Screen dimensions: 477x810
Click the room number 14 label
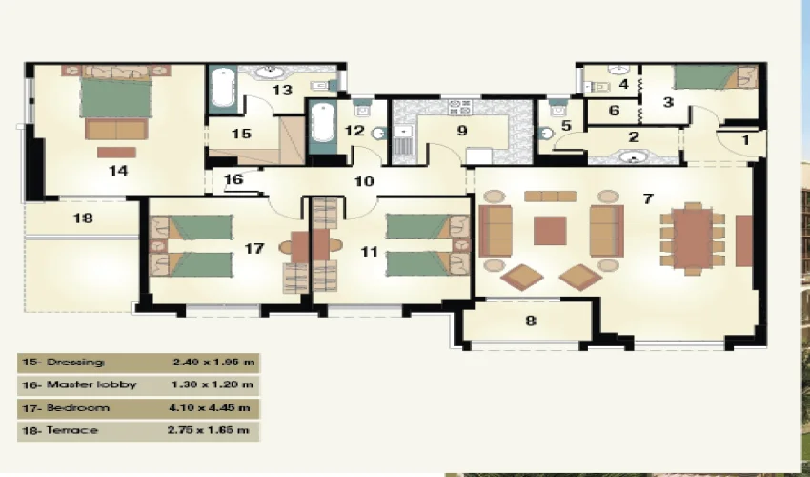click(118, 171)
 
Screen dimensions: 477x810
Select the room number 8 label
click(531, 321)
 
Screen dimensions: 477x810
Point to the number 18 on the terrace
click(83, 218)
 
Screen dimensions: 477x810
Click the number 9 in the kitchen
click(462, 132)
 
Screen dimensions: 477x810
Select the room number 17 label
click(253, 248)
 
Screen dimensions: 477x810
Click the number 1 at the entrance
click(746, 140)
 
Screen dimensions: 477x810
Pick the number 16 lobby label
click(234, 178)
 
